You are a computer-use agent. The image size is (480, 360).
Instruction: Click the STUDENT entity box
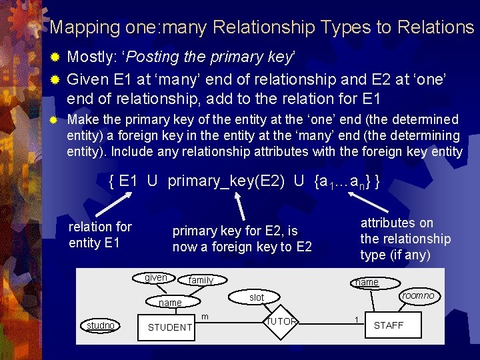click(x=169, y=327)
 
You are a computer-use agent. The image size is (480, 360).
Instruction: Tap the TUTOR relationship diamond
click(x=283, y=321)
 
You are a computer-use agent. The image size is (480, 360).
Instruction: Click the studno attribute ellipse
click(x=100, y=325)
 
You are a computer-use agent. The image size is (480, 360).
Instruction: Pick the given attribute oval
click(x=157, y=277)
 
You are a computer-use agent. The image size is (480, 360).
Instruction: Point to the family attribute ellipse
click(x=201, y=280)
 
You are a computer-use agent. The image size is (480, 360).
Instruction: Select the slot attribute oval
click(x=257, y=297)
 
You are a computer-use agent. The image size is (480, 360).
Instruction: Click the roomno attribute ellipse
click(x=418, y=295)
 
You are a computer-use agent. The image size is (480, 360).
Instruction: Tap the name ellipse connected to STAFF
click(x=367, y=283)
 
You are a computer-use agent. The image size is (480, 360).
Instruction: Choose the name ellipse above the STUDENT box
click(x=170, y=303)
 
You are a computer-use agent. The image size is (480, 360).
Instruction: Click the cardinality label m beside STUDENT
click(x=205, y=315)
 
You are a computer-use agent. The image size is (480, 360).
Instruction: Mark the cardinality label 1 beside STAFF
click(x=357, y=320)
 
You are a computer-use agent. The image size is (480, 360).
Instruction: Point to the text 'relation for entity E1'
click(x=100, y=234)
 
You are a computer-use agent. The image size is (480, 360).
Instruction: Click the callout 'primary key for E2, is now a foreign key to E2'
click(x=242, y=239)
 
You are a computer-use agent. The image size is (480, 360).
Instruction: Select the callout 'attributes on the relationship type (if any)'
click(x=405, y=239)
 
